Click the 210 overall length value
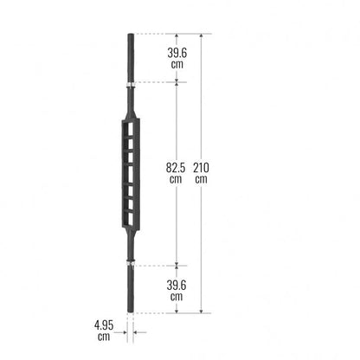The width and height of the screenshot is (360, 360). click(201, 168)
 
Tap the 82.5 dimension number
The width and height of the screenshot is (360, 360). click(176, 168)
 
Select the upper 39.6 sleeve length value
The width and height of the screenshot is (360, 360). click(177, 53)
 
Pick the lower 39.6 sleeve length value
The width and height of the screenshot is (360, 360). click(177, 286)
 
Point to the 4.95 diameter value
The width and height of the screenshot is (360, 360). click(104, 325)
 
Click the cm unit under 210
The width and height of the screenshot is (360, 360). click(201, 179)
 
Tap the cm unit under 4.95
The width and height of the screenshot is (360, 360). click(104, 337)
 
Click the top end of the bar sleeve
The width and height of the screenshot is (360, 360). click(131, 34)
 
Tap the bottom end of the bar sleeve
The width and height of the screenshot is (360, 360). click(131, 312)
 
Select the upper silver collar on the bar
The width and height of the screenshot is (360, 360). click(132, 84)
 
